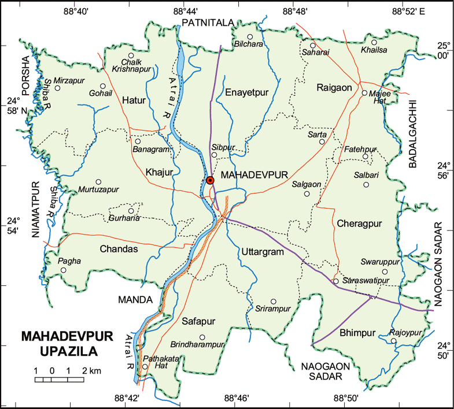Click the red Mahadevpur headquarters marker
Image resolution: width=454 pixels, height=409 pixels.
[211, 180]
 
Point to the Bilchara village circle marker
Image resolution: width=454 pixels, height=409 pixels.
[250, 37]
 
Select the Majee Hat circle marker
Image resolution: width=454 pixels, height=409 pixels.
[364, 93]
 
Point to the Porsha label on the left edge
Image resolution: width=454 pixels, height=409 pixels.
[25, 72]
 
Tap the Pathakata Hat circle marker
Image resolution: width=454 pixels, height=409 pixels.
[145, 366]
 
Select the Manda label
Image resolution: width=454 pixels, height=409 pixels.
[135, 300]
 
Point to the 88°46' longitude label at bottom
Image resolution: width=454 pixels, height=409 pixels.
[237, 399]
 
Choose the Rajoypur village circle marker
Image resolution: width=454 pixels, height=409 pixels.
[393, 341]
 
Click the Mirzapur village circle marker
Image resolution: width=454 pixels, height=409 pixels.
[57, 88]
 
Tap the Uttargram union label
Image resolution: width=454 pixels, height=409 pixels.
[261, 252]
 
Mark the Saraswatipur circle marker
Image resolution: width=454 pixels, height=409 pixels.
[335, 281]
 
